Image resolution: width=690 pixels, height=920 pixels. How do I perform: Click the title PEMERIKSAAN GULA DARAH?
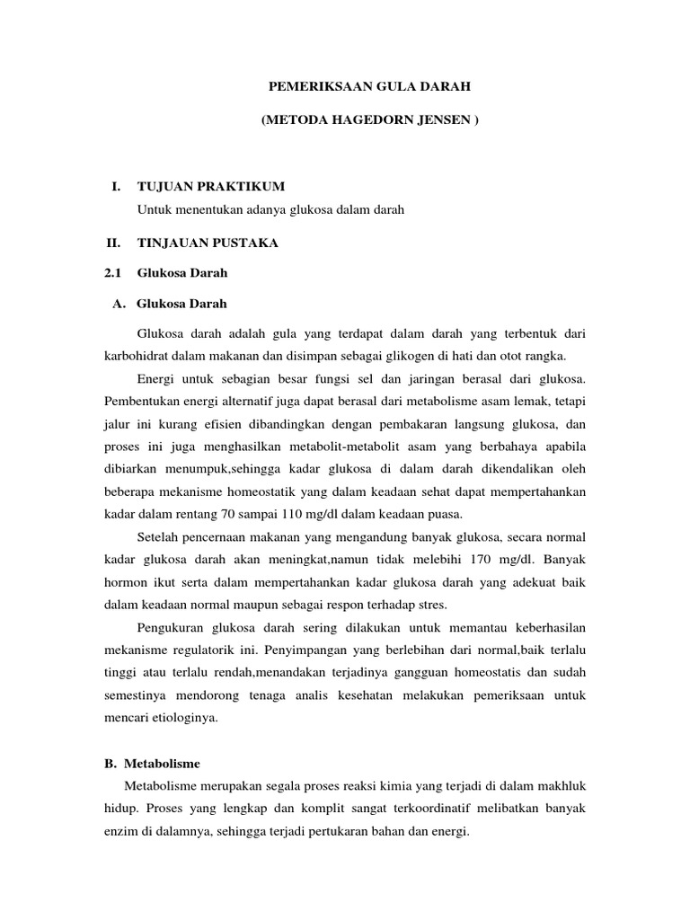(371, 87)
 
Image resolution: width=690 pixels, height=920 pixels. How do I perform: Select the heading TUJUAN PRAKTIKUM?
(210, 186)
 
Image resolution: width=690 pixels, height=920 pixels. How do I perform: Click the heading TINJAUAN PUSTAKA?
(208, 243)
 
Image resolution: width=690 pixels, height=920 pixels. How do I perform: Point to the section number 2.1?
(112, 272)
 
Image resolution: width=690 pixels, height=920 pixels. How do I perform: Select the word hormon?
(126, 582)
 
